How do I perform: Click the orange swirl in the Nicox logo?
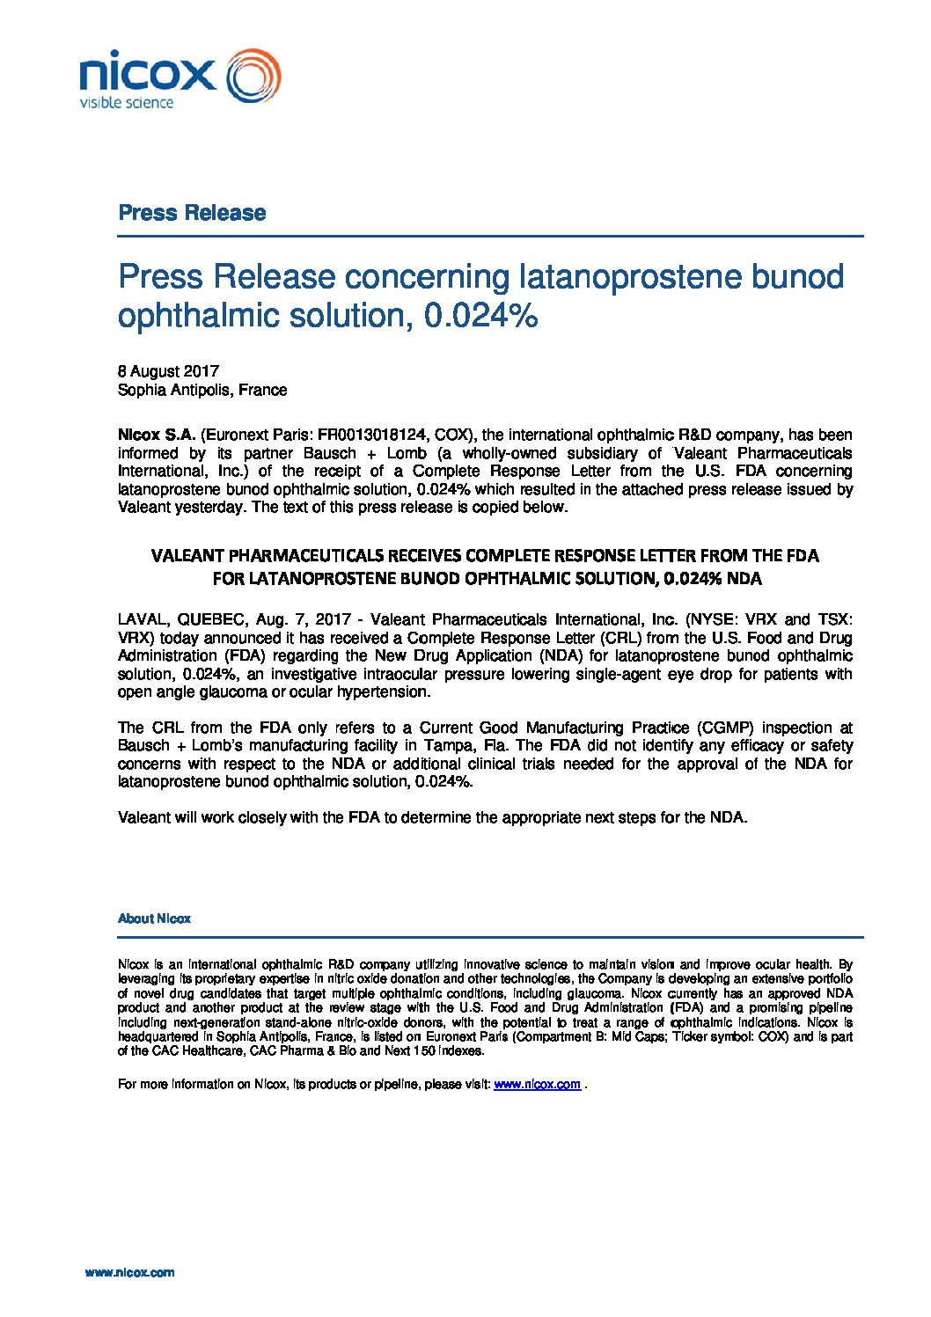253,77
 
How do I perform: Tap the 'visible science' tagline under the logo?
127,103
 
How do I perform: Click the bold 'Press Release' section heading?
192,213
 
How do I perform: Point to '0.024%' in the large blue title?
481,316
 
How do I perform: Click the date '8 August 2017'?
168,371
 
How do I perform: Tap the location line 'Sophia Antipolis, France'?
202,390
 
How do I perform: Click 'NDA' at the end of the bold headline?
745,579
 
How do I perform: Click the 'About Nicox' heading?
154,918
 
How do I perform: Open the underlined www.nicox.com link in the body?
537,1085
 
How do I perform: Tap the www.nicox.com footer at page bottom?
129,1272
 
